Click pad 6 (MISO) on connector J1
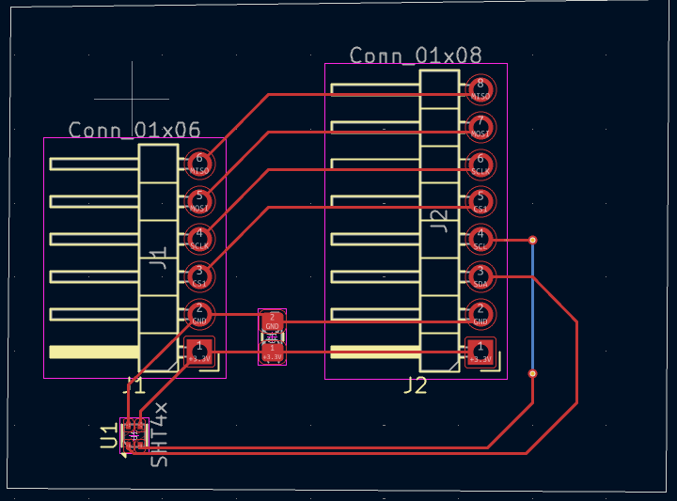pyautogui.click(x=199, y=164)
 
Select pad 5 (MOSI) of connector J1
pyautogui.click(x=199, y=201)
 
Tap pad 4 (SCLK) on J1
pyautogui.click(x=199, y=239)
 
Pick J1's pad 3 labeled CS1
pyautogui.click(x=199, y=276)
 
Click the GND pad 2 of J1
pyautogui.click(x=199, y=314)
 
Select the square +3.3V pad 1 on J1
pyautogui.click(x=199, y=352)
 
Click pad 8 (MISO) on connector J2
pyautogui.click(x=480, y=89)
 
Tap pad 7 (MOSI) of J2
pyautogui.click(x=480, y=127)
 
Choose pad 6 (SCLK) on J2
pyautogui.click(x=480, y=164)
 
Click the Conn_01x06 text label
pyautogui.click(x=134, y=130)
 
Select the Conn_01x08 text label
pyautogui.click(x=416, y=55)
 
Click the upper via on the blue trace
pyautogui.click(x=533, y=241)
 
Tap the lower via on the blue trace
pyautogui.click(x=533, y=374)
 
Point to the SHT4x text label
pyautogui.click(x=160, y=434)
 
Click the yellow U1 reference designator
pyautogui.click(x=109, y=435)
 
